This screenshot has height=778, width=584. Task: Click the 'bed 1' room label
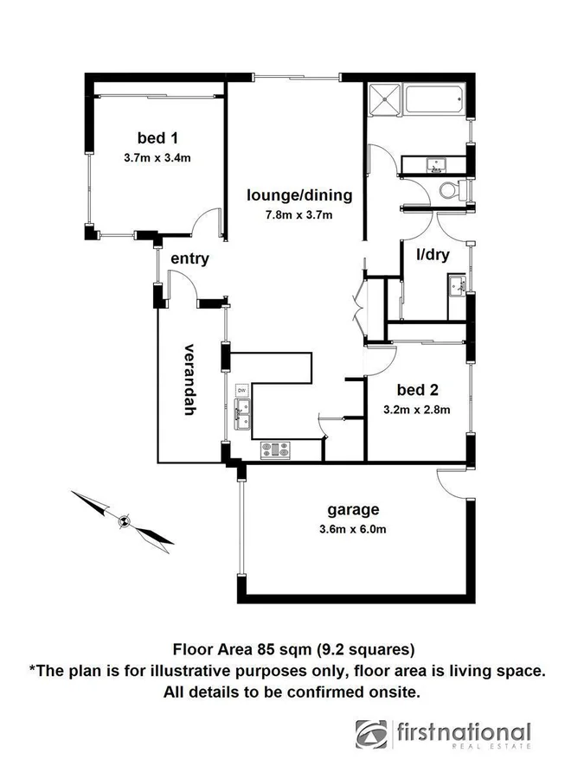point(157,137)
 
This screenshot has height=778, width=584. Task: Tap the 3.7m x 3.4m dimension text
point(157,158)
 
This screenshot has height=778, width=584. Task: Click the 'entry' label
point(189,258)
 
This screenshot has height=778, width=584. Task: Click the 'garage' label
point(352,508)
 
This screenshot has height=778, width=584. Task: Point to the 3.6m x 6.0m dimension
point(352,529)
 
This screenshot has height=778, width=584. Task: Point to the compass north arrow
point(125,520)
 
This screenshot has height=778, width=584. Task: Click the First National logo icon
point(372,734)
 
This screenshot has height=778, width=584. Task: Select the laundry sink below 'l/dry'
point(457,284)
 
